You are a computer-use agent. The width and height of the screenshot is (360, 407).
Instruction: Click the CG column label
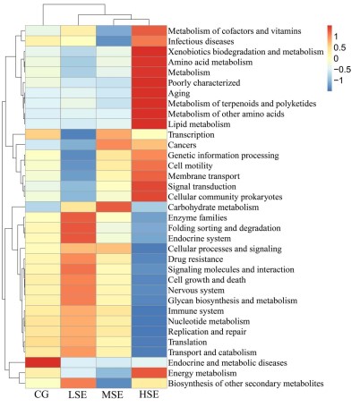41,394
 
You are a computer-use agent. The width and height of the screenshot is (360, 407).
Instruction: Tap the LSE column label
78,394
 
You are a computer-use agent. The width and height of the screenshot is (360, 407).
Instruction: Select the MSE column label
113,394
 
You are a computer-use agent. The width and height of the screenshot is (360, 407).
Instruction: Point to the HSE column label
149,394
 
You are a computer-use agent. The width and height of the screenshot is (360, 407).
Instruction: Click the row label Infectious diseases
201,41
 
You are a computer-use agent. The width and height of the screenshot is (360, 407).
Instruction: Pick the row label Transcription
191,135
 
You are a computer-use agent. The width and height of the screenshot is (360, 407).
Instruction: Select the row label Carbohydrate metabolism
213,208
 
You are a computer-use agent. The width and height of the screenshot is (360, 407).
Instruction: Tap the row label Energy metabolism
202,373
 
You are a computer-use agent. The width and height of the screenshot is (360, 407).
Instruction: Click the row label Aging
179,94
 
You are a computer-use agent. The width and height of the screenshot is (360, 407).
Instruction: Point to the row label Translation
187,342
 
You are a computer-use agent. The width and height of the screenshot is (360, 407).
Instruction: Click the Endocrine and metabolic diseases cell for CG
43,362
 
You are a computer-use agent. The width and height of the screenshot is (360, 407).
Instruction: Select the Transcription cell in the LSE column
78,134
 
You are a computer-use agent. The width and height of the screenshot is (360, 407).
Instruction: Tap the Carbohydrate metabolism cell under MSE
114,208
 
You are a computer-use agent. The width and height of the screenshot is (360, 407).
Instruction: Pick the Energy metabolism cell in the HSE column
149,373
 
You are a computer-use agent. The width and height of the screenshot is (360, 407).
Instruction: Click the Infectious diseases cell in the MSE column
114,41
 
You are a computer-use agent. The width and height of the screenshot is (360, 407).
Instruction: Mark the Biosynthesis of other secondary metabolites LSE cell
78,384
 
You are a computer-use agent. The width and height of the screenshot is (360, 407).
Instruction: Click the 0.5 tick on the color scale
340,47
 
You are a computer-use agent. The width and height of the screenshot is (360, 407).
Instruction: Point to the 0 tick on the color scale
337,58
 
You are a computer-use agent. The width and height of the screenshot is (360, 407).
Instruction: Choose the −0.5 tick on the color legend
342,70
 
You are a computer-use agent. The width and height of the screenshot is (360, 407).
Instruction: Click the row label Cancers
182,145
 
